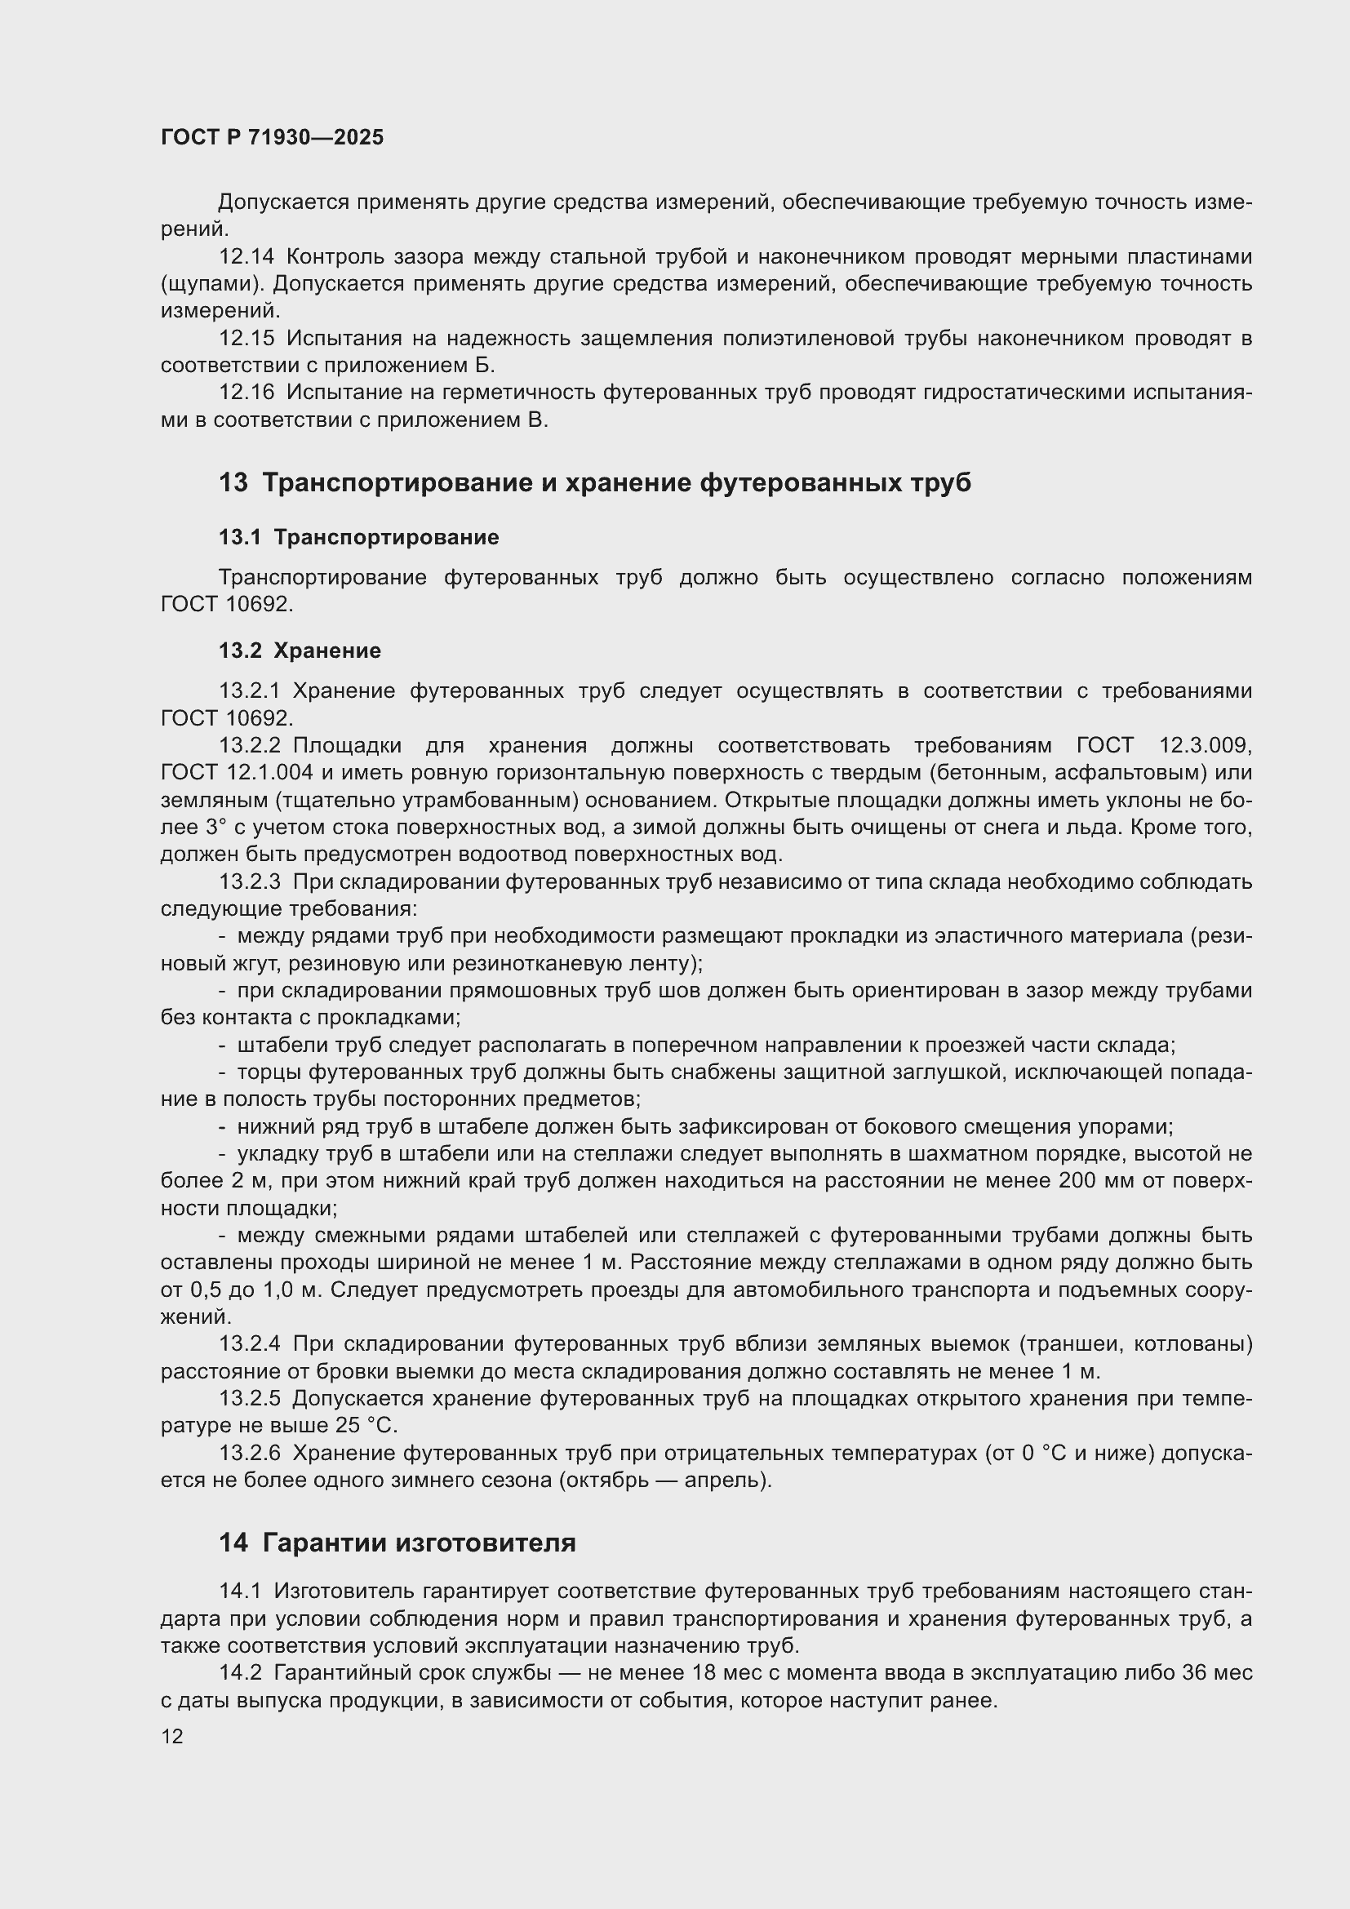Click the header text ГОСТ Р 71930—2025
pyautogui.click(x=272, y=138)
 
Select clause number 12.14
pyautogui.click(x=246, y=257)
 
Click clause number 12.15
pyautogui.click(x=246, y=339)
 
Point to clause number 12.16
pyautogui.click(x=246, y=393)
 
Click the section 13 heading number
pyautogui.click(x=233, y=483)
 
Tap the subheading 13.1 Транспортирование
pyautogui.click(x=358, y=538)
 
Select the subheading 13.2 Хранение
pyautogui.click(x=300, y=651)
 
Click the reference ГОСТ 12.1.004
pyautogui.click(x=236, y=772)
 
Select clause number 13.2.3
pyautogui.click(x=250, y=881)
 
